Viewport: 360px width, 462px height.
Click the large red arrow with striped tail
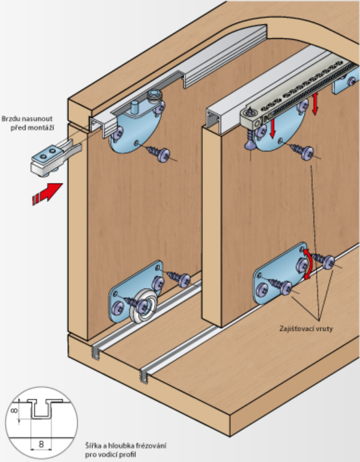pyautogui.click(x=48, y=193)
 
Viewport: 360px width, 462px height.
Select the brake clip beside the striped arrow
pyautogui.click(x=55, y=157)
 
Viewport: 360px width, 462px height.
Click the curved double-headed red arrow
pyautogui.click(x=307, y=264)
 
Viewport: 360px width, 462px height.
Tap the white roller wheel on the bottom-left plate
pyautogui.click(x=143, y=306)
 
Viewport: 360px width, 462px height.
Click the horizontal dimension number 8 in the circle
pyautogui.click(x=42, y=444)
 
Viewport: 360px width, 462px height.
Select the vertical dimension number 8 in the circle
pyautogui.click(x=14, y=410)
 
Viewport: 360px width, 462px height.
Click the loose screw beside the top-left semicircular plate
pyautogui.click(x=158, y=153)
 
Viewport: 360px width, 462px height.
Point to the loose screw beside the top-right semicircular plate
pyautogui.click(x=301, y=151)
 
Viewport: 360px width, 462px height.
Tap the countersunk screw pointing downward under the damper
pyautogui.click(x=250, y=140)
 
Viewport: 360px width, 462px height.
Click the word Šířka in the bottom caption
pyautogui.click(x=92, y=445)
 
